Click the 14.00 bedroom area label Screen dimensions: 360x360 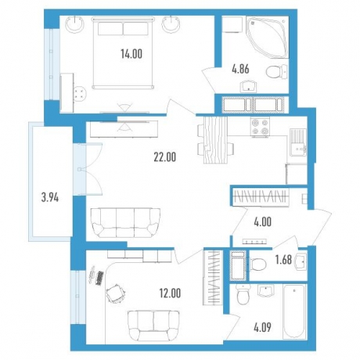coord(131,54)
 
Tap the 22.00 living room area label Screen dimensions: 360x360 coord(165,157)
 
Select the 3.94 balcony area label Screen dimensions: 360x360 coord(50,198)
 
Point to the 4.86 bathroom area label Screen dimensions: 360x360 coord(240,70)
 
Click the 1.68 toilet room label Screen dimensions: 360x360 coord(284,260)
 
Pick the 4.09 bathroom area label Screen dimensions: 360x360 coord(262,326)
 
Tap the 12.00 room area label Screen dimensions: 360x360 coord(170,293)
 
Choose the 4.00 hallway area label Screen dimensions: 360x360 coord(262,221)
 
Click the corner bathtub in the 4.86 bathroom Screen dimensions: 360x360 coord(267,37)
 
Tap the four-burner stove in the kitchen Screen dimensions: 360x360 coord(260,126)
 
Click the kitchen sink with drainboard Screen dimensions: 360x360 coord(298,142)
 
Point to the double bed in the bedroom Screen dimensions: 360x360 coord(123,52)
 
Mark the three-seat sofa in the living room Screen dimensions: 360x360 coord(125,222)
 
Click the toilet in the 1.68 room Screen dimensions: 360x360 coord(257,264)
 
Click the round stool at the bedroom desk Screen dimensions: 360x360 coord(80,93)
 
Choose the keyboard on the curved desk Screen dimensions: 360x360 coord(100,278)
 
